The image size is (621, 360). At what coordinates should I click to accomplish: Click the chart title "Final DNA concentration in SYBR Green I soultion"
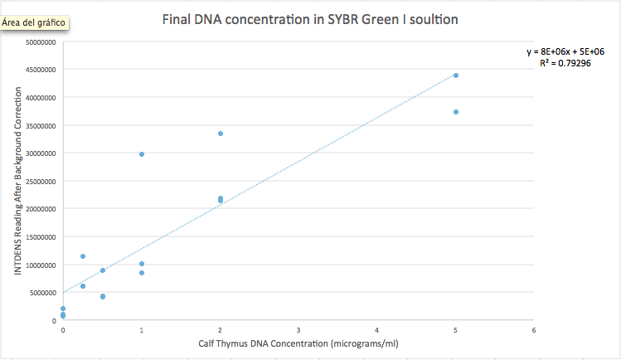[x=310, y=18]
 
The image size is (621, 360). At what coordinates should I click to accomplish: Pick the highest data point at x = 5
[x=456, y=75]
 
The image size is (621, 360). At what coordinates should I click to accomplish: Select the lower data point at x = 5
[x=456, y=112]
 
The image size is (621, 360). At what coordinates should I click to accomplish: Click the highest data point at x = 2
[x=221, y=134]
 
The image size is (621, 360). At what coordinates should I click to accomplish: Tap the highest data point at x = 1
[x=142, y=154]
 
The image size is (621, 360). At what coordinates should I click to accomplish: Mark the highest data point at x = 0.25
[x=83, y=256]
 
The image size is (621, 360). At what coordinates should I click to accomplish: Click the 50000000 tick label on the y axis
[x=41, y=42]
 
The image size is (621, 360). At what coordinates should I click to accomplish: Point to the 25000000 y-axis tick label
[x=41, y=181]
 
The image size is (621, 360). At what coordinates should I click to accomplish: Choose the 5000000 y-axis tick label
[x=42, y=293]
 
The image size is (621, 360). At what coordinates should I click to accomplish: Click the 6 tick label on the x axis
[x=534, y=330]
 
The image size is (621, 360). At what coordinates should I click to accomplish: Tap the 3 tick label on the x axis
[x=298, y=330]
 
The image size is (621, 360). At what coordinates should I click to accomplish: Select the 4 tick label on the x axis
[x=377, y=330]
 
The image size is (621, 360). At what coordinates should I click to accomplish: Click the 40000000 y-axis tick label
[x=41, y=98]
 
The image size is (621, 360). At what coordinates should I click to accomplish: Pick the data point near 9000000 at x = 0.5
[x=103, y=270]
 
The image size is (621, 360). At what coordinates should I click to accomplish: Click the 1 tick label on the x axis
[x=142, y=330]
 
